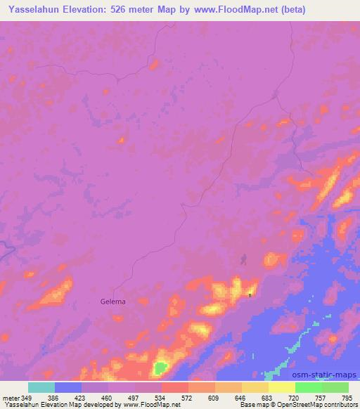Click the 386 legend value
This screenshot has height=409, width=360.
pos(54,397)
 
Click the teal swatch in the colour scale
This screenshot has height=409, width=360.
pos(41,387)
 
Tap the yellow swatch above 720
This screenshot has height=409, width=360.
pos(281,387)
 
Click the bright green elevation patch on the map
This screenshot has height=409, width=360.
pos(161,367)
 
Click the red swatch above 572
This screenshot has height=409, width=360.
pos(174,387)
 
